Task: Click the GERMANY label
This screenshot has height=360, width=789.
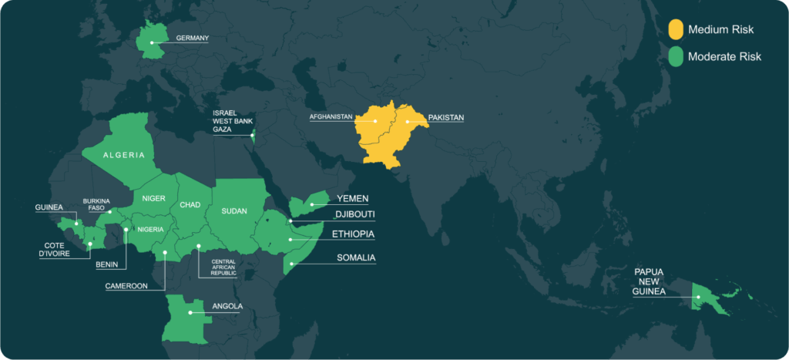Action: coord(192,37)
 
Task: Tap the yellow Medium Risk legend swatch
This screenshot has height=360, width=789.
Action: coord(675,29)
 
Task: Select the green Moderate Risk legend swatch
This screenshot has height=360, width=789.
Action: coord(675,56)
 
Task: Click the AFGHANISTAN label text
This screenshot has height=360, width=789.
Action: coord(331,117)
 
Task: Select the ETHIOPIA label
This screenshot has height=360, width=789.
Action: coord(354,234)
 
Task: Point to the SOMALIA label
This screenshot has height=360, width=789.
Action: coord(356,257)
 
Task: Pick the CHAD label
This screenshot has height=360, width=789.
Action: coord(190,206)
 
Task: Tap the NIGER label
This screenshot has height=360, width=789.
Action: coord(154,198)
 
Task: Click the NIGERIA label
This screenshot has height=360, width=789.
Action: coord(151,229)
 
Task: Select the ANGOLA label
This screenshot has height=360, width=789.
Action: coord(227,306)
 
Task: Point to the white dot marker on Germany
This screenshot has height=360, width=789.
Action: coord(152,42)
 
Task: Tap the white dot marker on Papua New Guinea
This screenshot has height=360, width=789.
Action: coord(697,297)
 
